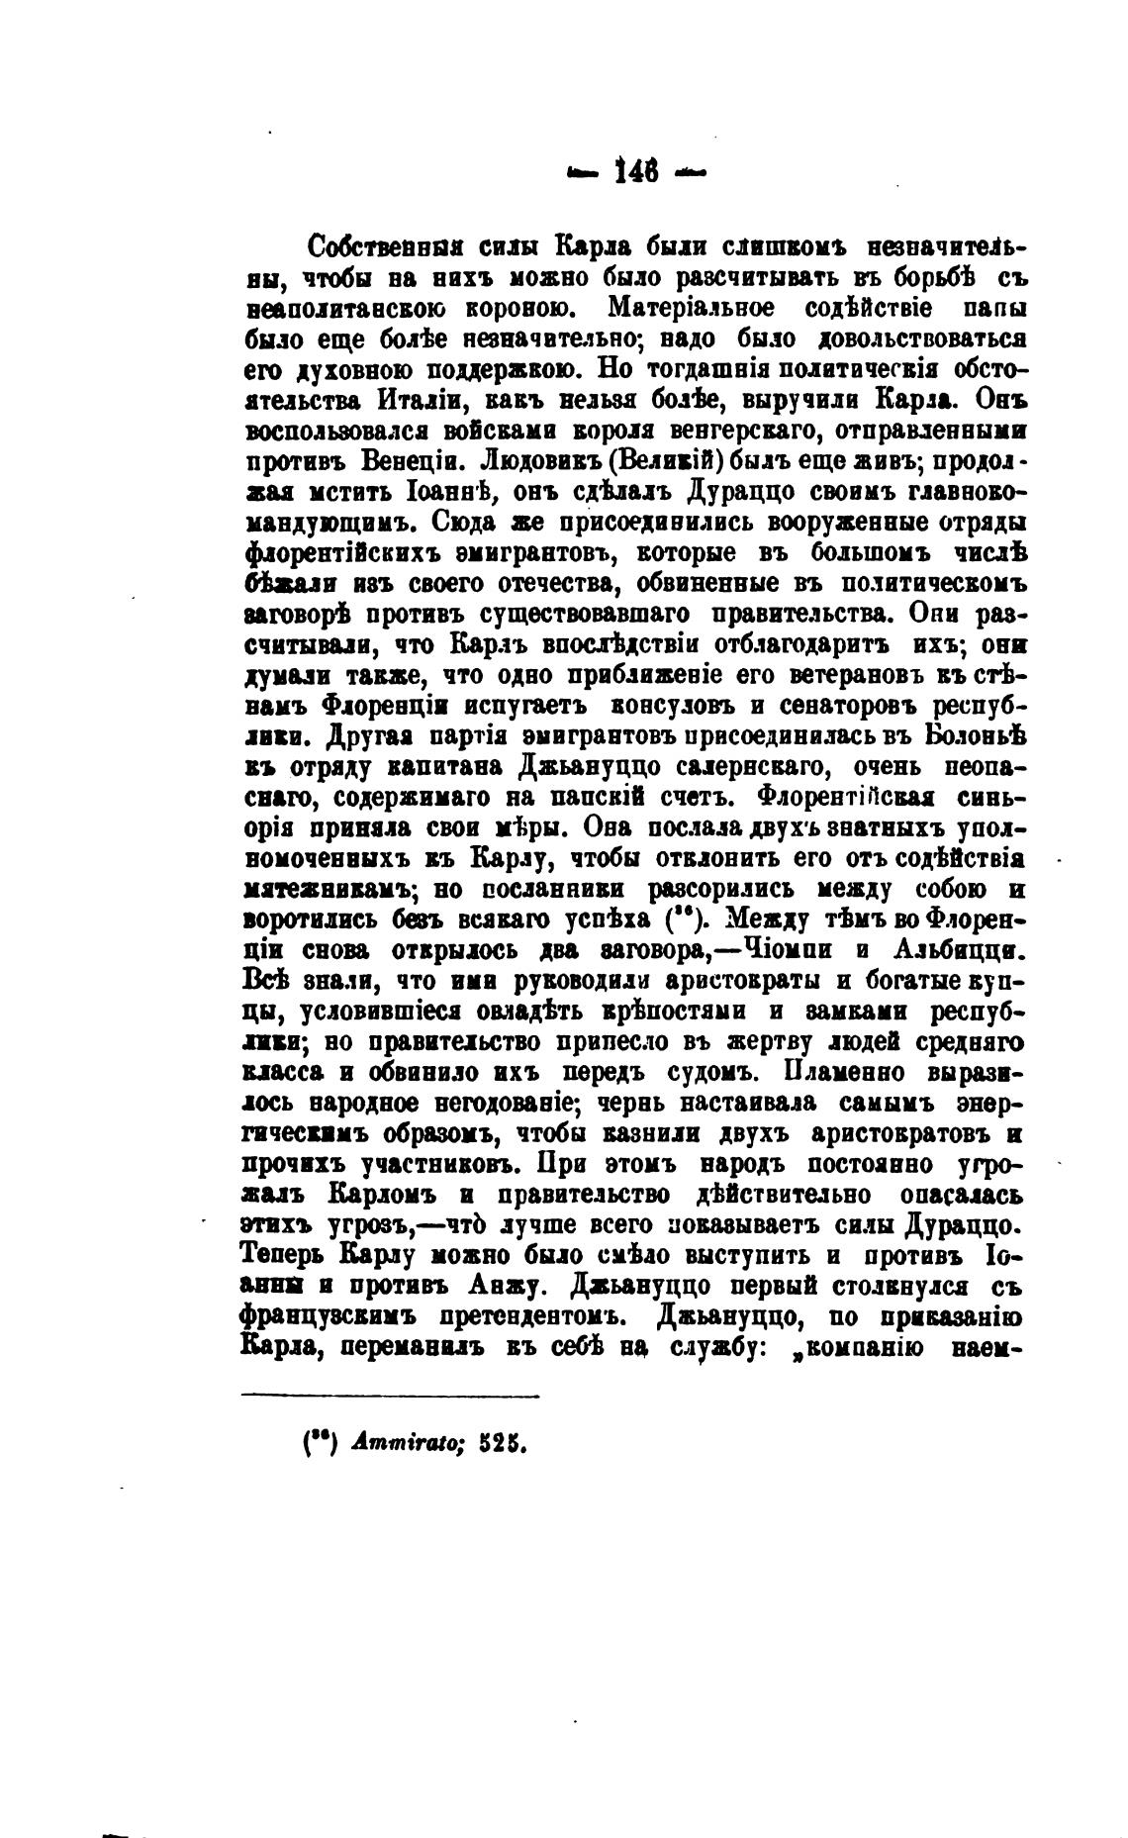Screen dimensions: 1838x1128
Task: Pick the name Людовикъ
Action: tap(529, 461)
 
